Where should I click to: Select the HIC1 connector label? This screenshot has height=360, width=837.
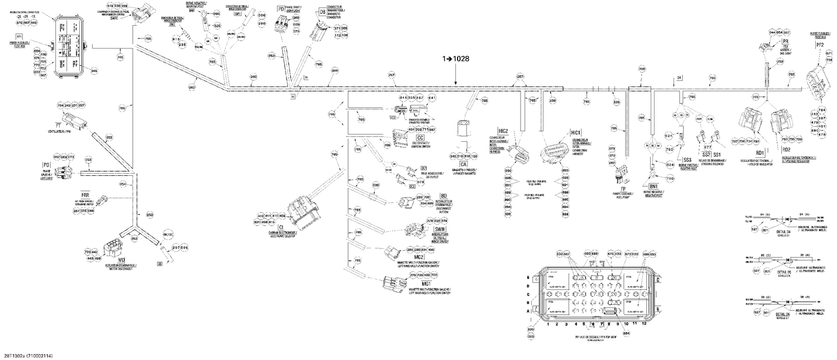(x=576, y=132)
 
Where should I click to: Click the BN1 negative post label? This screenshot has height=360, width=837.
(x=653, y=185)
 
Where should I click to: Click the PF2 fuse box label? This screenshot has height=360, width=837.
(x=820, y=44)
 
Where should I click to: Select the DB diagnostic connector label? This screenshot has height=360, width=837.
(x=323, y=11)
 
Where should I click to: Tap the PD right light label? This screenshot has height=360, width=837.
(x=281, y=9)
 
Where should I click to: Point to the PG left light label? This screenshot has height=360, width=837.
(x=46, y=166)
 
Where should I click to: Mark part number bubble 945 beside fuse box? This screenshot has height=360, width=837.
(x=94, y=71)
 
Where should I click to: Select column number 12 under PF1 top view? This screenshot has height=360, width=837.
(x=644, y=324)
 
